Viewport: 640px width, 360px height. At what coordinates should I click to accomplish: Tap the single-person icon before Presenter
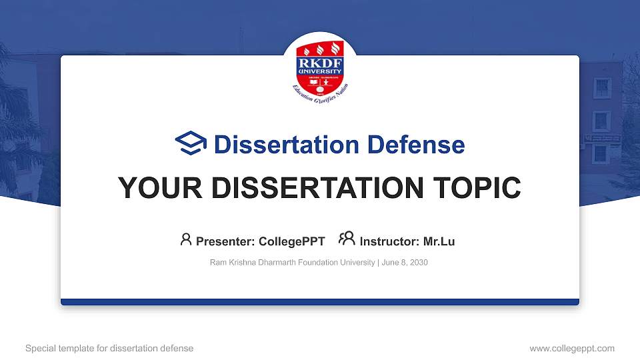tap(186, 240)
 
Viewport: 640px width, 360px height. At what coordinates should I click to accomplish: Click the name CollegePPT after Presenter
tap(291, 241)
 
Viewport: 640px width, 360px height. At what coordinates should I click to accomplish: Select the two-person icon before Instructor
tap(347, 239)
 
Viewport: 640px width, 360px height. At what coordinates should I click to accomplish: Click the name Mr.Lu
tap(439, 241)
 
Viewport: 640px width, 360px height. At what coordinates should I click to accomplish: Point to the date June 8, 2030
tap(405, 263)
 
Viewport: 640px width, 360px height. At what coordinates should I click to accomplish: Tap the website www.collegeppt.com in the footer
tap(571, 348)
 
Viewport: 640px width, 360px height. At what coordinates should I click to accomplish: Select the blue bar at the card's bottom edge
tap(320, 302)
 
